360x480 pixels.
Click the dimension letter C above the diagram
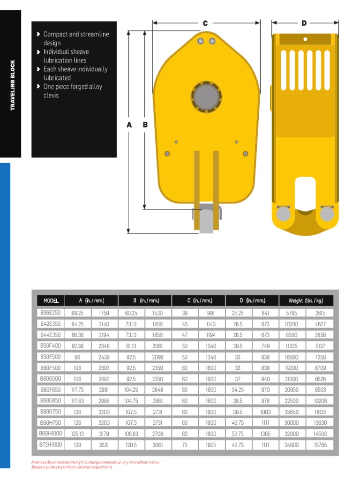click(x=205, y=23)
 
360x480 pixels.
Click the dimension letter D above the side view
click(x=304, y=23)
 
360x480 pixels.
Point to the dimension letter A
click(x=129, y=125)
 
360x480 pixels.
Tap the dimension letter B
click(x=145, y=125)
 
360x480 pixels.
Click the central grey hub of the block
click(x=206, y=97)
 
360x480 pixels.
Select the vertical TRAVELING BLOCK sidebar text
click(x=13, y=85)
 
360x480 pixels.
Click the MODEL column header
click(x=51, y=300)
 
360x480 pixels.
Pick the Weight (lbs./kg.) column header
click(x=306, y=300)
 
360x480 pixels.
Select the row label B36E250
click(x=50, y=313)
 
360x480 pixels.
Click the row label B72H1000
click(x=50, y=445)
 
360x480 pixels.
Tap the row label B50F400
click(x=50, y=346)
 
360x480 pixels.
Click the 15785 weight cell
click(x=320, y=445)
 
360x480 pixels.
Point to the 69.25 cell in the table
click(x=77, y=313)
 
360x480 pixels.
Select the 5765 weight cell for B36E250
click(x=292, y=313)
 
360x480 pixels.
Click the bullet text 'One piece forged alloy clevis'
click(x=72, y=91)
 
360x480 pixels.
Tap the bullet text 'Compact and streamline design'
click(x=76, y=38)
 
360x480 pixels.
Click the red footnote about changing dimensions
click(x=95, y=462)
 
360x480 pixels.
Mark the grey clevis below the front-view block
click(x=206, y=220)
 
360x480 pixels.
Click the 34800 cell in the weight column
click(x=292, y=445)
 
